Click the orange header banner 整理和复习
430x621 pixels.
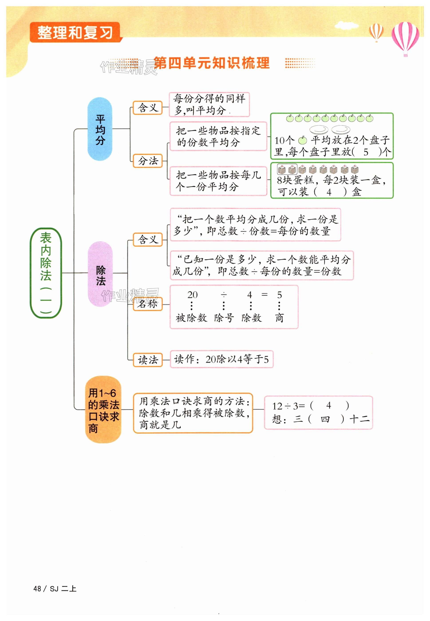(x=75, y=32)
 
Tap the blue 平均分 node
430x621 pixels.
(x=100, y=129)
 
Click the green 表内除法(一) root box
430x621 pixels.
(x=46, y=273)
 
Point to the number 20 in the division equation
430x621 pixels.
(x=192, y=295)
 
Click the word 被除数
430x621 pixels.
(x=191, y=318)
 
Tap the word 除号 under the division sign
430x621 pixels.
(x=224, y=318)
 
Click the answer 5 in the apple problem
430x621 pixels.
(x=366, y=152)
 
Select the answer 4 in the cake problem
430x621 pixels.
(x=329, y=192)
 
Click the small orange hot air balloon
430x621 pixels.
(x=376, y=32)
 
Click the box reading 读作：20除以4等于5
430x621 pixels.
(x=221, y=359)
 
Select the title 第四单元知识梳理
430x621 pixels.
(x=212, y=63)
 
